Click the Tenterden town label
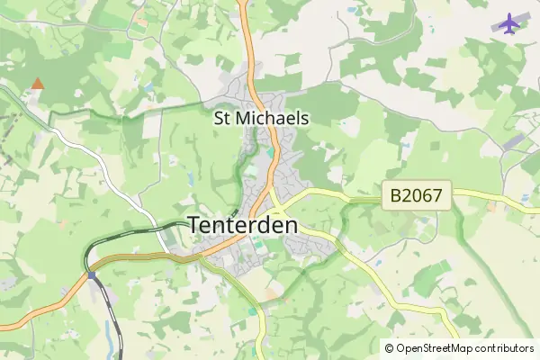(243, 226)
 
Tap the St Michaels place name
(261, 118)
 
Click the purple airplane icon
(509, 22)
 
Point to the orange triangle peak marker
(37, 84)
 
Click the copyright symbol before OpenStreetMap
(389, 348)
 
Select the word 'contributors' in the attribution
(506, 348)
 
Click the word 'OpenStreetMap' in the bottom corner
(436, 348)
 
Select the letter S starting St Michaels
(218, 118)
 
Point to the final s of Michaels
(305, 118)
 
